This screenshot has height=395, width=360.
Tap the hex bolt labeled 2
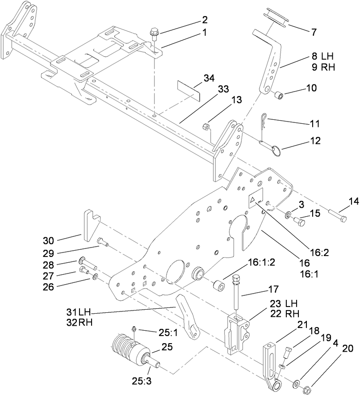[x=155, y=33]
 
